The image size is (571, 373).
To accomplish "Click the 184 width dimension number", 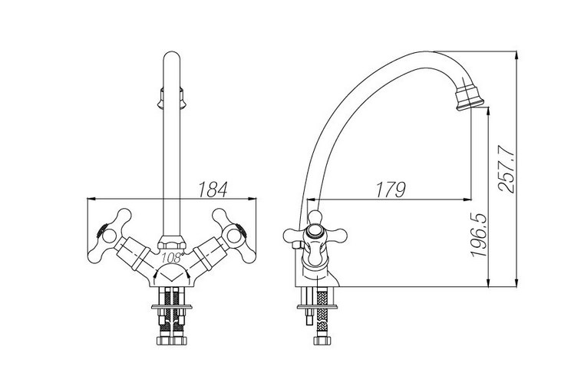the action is pos(213,190).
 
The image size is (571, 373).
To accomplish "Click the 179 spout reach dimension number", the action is pos(391,190).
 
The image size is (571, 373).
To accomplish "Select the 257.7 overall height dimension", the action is pos(507,168).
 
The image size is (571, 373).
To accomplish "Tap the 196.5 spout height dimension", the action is pos(478,235).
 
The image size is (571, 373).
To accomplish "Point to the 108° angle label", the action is pos(171,258).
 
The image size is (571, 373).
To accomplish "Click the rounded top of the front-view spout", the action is pos(172,57).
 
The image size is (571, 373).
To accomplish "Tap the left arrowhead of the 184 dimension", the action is pos(91,199).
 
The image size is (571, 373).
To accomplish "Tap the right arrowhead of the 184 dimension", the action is pos(252,199).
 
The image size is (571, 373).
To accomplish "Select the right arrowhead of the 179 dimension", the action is pos(467,200).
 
